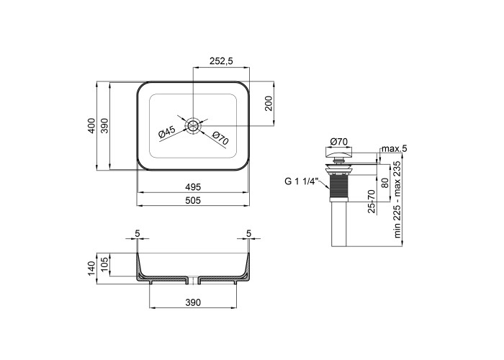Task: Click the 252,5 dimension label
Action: pos(221,60)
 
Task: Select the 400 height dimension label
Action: pos(91,126)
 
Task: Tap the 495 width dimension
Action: pos(193,186)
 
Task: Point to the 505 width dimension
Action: pos(193,200)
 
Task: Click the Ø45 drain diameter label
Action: pos(167,132)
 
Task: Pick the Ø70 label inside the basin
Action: pos(220,138)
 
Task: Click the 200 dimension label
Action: pos(269,104)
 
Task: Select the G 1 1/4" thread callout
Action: pos(301,181)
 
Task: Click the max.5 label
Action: pos(395,148)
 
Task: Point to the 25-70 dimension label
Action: pos(372,201)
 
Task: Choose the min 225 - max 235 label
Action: pos(397,199)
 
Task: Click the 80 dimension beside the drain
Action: pos(384,183)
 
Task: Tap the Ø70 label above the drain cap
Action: pos(339,141)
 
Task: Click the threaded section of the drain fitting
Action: pos(339,186)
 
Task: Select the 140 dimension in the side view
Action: pos(91,268)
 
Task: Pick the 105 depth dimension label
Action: pos(105,264)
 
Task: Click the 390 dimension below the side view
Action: pos(193,302)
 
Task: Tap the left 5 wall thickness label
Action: pos(138,234)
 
